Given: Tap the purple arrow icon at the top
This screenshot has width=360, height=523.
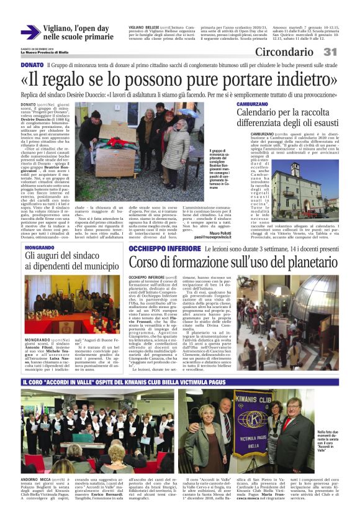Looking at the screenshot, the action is click(30, 32).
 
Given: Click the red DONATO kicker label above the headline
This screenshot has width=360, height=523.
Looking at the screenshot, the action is click(32, 65).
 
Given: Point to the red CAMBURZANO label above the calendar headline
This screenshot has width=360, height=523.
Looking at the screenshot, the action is click(252, 104).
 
